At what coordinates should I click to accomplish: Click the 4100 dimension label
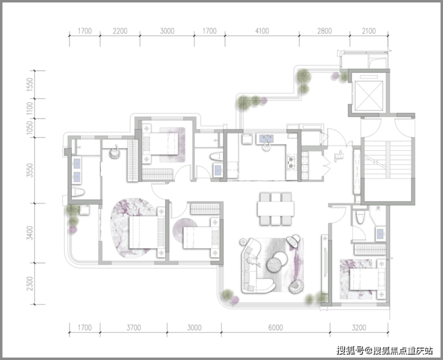(x=262, y=31)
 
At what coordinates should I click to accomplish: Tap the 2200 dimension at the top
(x=120, y=31)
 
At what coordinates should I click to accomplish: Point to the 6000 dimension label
(x=275, y=328)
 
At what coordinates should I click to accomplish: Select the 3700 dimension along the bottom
(x=133, y=328)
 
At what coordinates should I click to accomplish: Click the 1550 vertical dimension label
(x=30, y=84)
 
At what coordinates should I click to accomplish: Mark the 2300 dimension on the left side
(x=30, y=283)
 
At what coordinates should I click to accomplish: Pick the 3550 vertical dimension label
(x=30, y=170)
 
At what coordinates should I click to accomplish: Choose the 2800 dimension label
(x=324, y=31)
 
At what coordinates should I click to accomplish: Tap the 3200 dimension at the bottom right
(x=359, y=328)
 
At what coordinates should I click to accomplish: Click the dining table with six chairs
(x=275, y=209)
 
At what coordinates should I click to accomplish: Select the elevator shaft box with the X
(x=368, y=95)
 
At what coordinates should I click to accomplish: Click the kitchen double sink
(x=266, y=139)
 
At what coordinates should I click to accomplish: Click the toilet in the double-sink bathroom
(x=78, y=193)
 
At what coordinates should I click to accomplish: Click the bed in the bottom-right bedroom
(x=368, y=279)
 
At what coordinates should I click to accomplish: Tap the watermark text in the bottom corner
(x=384, y=350)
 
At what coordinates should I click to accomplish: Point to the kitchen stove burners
(x=292, y=163)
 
